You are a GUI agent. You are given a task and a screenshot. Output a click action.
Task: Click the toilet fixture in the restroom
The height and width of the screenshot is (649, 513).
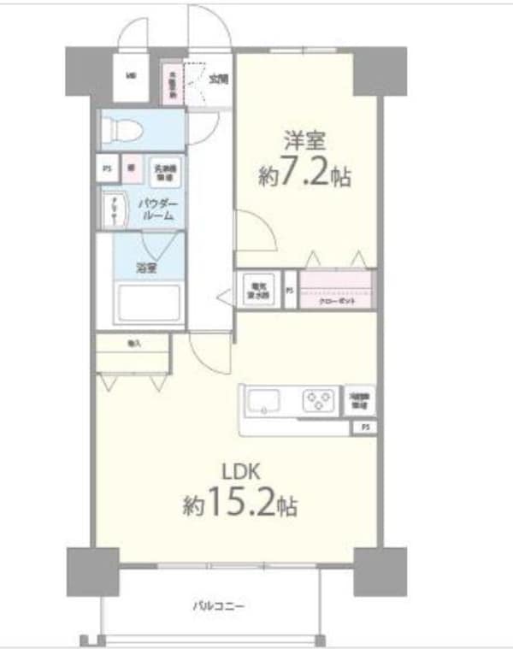pos(120,130)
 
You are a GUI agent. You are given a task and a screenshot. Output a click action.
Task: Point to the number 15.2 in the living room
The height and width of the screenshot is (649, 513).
pos(248,504)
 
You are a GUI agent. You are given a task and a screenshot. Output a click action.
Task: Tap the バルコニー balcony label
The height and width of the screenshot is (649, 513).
pos(218,605)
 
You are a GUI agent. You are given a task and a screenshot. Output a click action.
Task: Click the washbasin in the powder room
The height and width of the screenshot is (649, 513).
pos(112,209)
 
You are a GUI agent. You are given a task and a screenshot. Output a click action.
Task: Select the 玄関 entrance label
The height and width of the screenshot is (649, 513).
pos(219,80)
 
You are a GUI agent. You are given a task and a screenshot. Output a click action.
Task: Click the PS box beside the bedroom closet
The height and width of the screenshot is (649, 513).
pos(290,290)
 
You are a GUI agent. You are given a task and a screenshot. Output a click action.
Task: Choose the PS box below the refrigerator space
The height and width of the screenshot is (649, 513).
pos(365,427)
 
